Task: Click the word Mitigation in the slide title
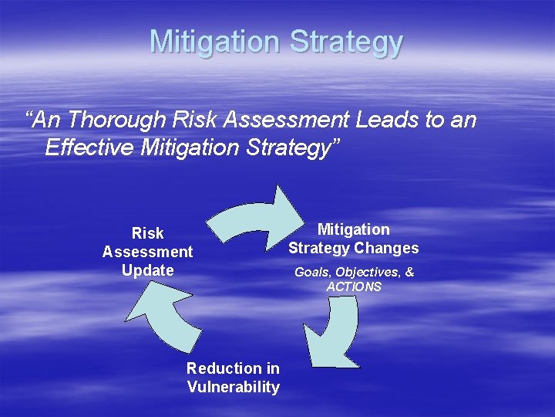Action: pyautogui.click(x=215, y=42)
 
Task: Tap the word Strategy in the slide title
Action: pyautogui.click(x=346, y=42)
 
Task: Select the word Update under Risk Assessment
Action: pyautogui.click(x=147, y=270)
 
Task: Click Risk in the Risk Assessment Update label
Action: pyautogui.click(x=147, y=233)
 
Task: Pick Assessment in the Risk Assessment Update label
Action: pyautogui.click(x=147, y=252)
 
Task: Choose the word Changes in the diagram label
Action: pyautogui.click(x=387, y=248)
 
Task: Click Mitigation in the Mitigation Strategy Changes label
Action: pyautogui.click(x=354, y=229)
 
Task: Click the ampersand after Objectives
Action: pyautogui.click(x=409, y=272)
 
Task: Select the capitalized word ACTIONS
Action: pyautogui.click(x=354, y=286)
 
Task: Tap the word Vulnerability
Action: pyautogui.click(x=233, y=387)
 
